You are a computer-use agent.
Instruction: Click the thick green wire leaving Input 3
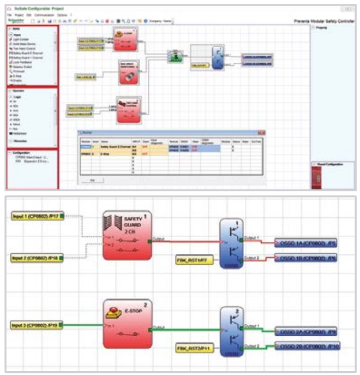point(82,326)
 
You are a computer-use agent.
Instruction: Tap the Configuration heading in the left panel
point(22,153)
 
